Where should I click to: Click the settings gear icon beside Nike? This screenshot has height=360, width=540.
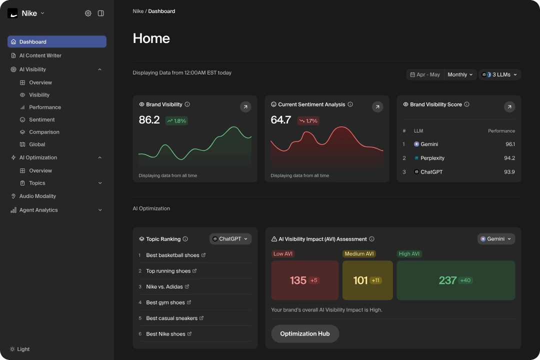pos(88,13)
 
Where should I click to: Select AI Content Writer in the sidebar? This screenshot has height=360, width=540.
pos(40,55)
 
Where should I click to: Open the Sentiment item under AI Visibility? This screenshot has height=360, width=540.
pos(41,119)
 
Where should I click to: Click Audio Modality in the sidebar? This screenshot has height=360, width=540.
pos(37,196)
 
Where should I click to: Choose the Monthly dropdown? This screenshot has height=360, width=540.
pos(460,74)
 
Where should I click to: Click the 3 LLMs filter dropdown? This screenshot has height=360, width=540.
pos(499,74)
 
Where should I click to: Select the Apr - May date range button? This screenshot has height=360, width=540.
pos(425,74)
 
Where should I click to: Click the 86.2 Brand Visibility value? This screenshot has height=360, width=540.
pos(149,120)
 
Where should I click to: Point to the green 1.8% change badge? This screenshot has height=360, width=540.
pos(176,120)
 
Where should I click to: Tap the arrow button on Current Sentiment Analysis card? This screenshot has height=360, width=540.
pos(377,106)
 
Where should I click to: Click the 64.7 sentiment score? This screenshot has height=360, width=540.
pos(281,120)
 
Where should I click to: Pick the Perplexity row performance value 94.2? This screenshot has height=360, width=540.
pos(509,158)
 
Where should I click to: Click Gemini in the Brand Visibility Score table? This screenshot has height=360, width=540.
pos(429,144)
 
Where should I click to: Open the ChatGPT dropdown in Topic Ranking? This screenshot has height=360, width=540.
pos(230,239)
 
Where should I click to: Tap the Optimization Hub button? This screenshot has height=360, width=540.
pos(305,333)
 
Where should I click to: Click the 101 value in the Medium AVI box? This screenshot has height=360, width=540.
pos(360,280)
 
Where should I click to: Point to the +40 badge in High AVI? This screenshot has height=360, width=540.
pos(465,280)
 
